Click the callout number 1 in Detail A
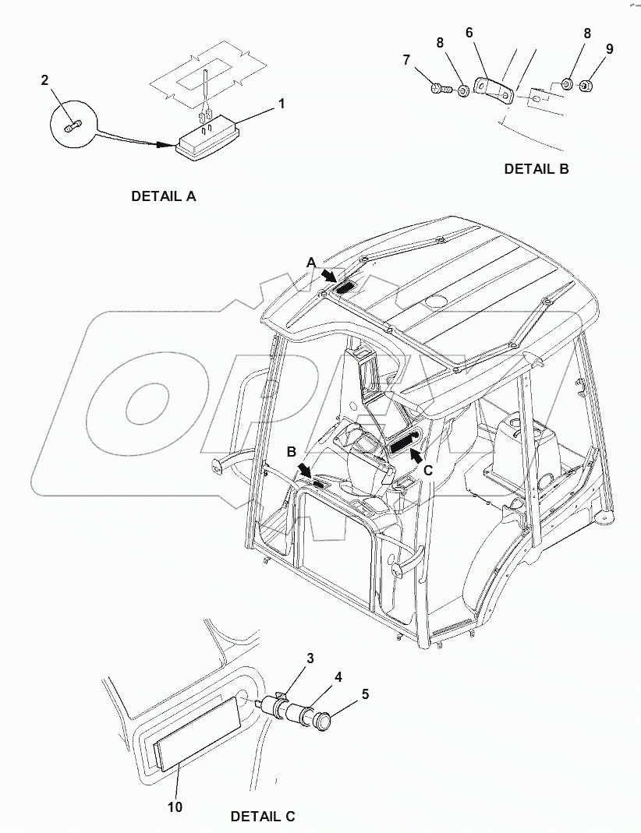pos(282,103)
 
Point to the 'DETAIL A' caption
pos(163,196)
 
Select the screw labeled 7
pos(438,90)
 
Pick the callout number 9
pos(609,49)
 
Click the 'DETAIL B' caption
pos(536,168)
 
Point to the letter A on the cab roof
pos(310,263)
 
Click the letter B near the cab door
pos(291,451)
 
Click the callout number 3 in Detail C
pos(310,658)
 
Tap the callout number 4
pos(338,676)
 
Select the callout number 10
pos(175,807)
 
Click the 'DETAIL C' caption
pos(263,817)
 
